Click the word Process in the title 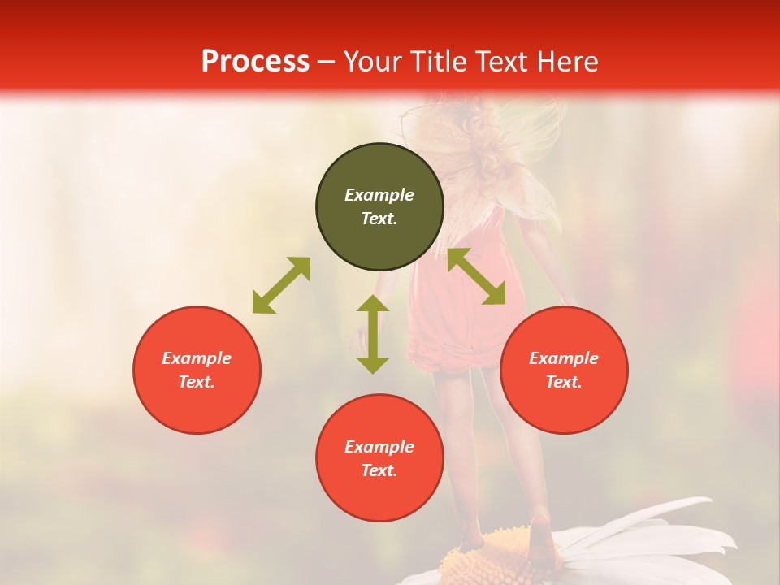point(255,62)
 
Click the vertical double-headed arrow point(373,334)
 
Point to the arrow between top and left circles point(281,285)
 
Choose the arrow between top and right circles point(476,276)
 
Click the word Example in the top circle point(379,195)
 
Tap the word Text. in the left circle point(197,382)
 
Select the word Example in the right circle point(564,358)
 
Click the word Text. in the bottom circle point(379,470)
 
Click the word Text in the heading point(493,62)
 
